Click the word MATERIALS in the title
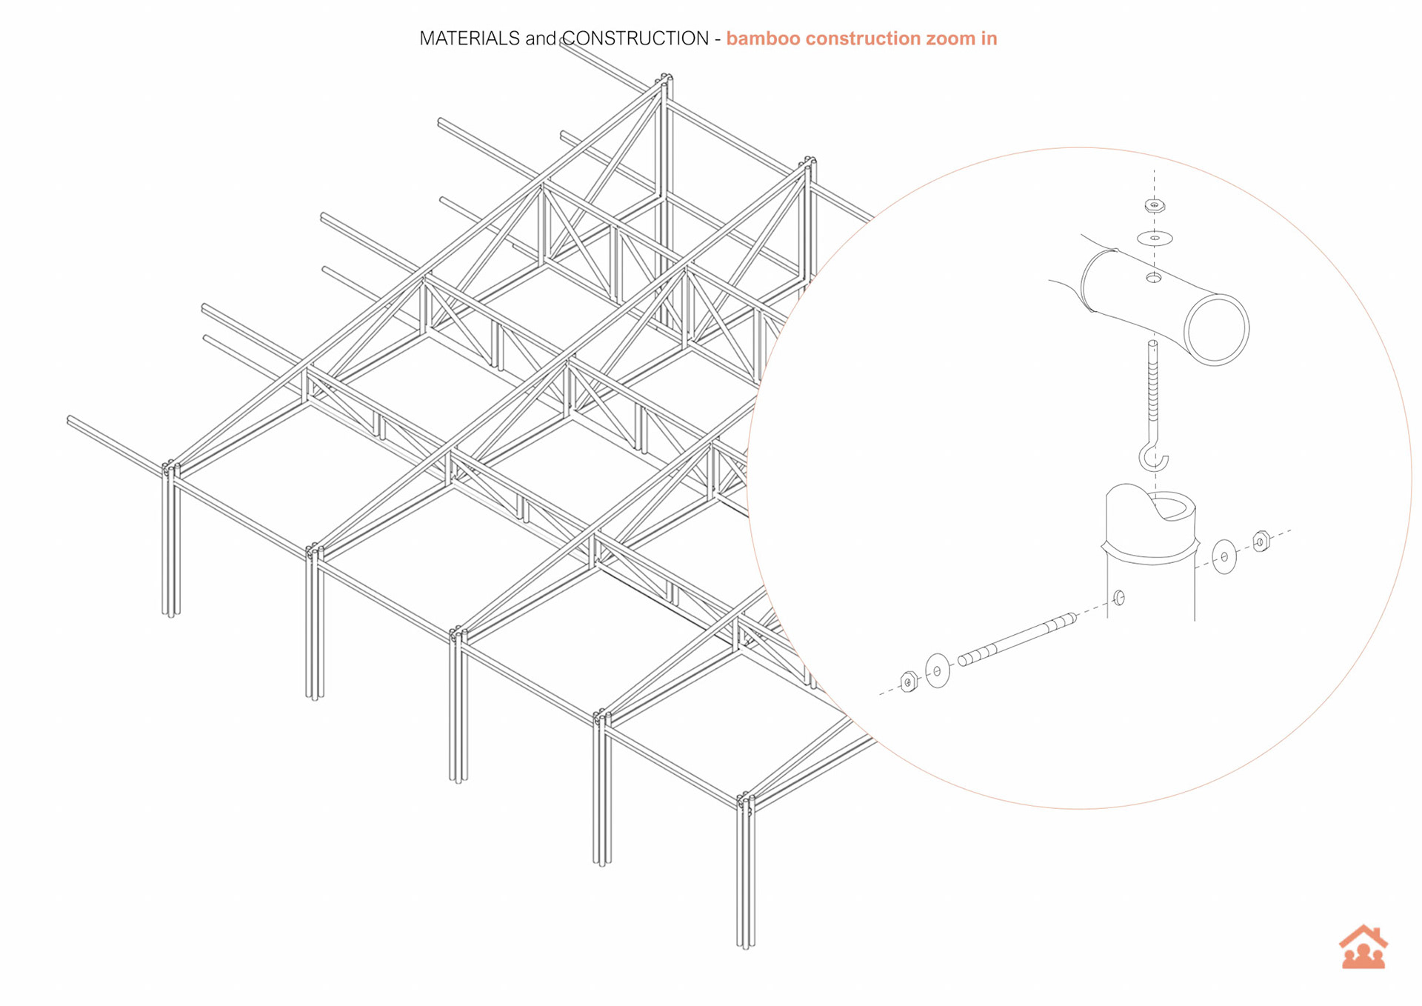(x=469, y=39)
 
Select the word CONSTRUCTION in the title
(x=635, y=39)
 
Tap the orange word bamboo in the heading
(x=762, y=39)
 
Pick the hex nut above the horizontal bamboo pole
(x=1155, y=205)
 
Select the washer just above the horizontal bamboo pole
(x=1155, y=238)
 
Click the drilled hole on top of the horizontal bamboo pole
(x=1154, y=278)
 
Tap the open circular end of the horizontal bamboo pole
(x=1216, y=329)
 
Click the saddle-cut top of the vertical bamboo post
(x=1150, y=511)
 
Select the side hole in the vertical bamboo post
(x=1119, y=597)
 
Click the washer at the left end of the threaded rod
(x=938, y=670)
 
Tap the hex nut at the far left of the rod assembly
(x=909, y=682)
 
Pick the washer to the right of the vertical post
(x=1224, y=556)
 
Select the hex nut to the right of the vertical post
(x=1261, y=542)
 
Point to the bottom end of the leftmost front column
(x=171, y=613)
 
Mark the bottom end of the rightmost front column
(x=746, y=945)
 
